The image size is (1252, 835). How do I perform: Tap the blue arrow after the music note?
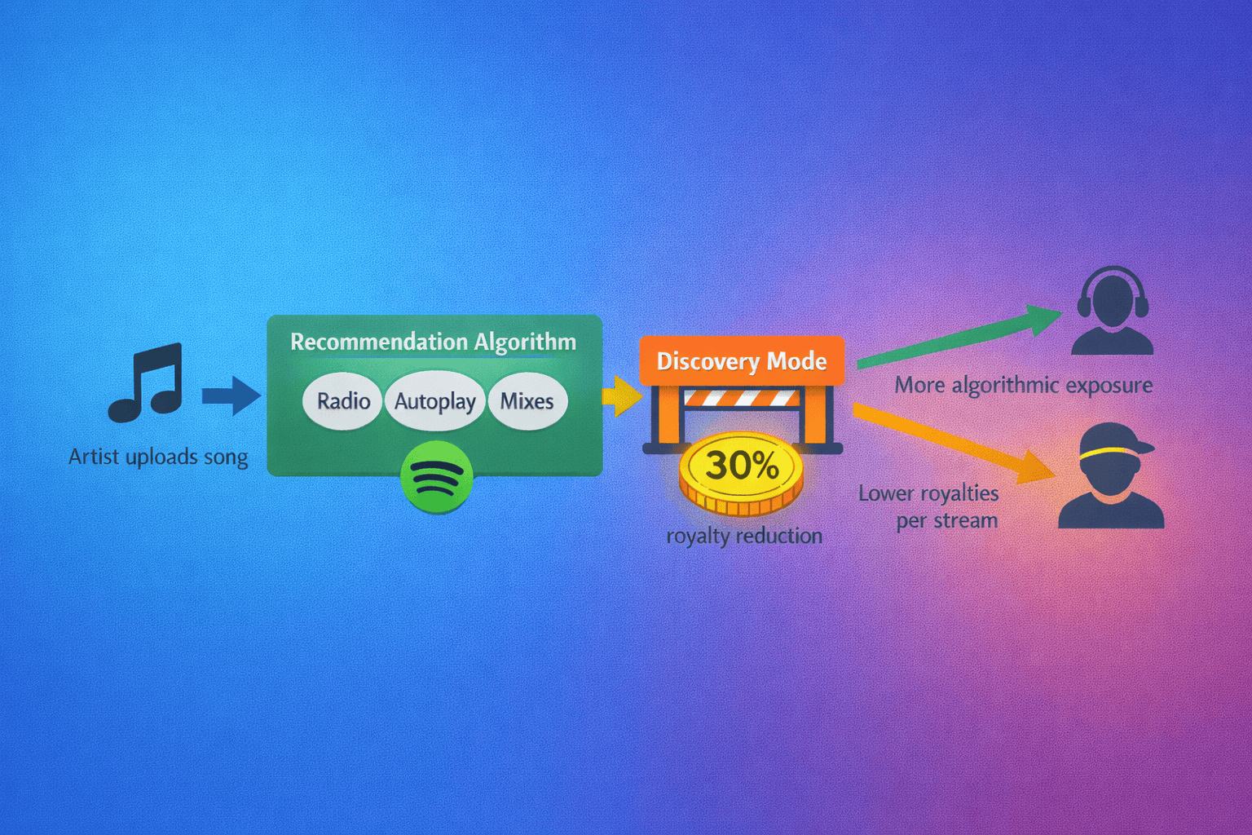tap(231, 396)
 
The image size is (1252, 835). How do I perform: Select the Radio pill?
tap(343, 401)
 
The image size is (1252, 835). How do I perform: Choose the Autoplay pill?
tap(435, 401)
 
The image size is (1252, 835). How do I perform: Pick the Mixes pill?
tap(527, 401)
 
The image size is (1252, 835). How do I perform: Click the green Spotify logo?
tap(437, 477)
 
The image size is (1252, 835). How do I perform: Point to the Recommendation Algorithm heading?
tap(433, 342)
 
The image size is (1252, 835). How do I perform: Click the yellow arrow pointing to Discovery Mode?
tap(622, 396)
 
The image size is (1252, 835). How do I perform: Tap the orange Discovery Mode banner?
tap(742, 361)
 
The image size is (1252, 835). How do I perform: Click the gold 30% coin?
tap(741, 474)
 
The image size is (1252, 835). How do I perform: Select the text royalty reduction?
tap(744, 536)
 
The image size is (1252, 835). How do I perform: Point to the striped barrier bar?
tap(741, 398)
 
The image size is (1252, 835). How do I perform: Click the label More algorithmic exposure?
tap(1024, 385)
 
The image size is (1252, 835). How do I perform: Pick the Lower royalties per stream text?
tap(929, 506)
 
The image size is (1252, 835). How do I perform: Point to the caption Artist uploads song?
tap(158, 457)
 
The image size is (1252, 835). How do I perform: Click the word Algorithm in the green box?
tap(525, 342)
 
